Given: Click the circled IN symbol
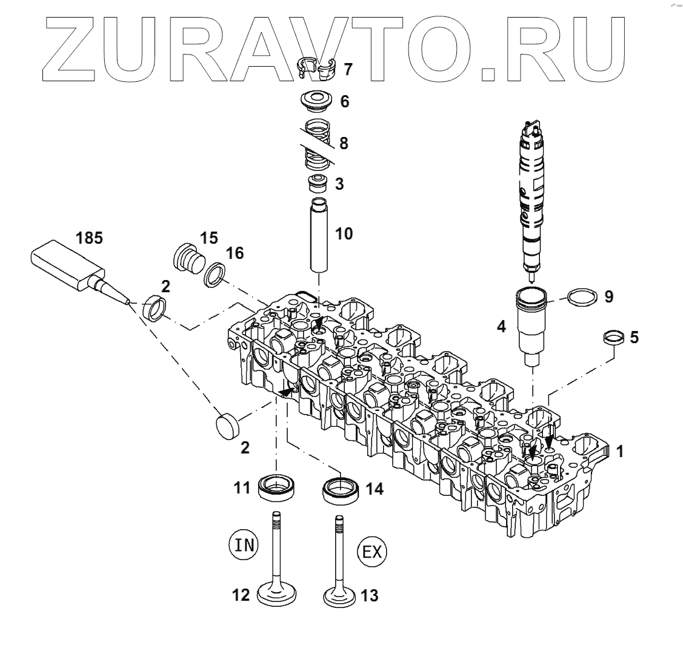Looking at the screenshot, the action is (244, 544).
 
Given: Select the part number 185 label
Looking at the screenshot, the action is (89, 238).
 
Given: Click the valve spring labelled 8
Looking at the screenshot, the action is (316, 146).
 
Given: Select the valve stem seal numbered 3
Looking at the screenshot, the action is (317, 182).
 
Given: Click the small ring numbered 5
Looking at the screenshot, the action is (612, 338).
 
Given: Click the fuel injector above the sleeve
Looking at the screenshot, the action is (531, 200).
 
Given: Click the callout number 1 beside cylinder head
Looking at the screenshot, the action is (619, 451).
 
